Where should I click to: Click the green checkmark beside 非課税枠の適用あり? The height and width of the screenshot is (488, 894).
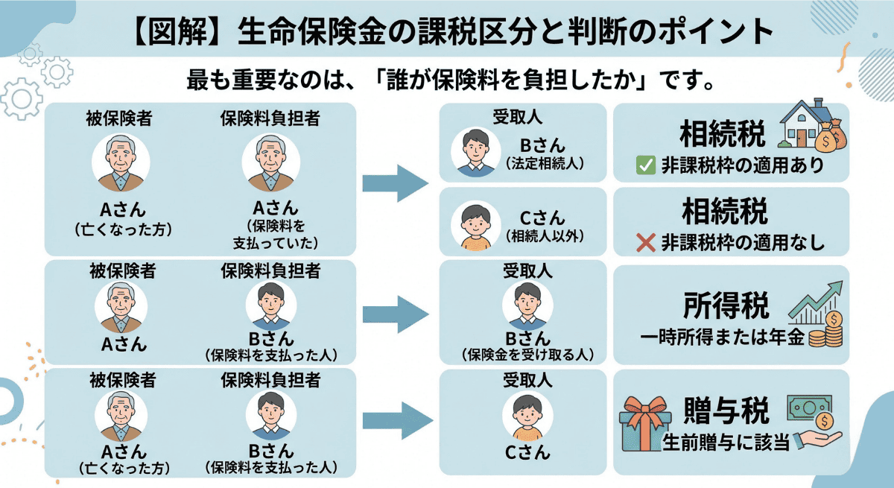point(645,165)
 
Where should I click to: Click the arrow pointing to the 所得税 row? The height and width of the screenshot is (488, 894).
point(396,311)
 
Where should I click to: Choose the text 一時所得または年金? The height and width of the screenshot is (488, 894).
point(723,337)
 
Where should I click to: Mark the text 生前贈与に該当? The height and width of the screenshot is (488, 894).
point(726,442)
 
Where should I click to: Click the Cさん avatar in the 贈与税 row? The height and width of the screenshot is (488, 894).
point(528,416)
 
